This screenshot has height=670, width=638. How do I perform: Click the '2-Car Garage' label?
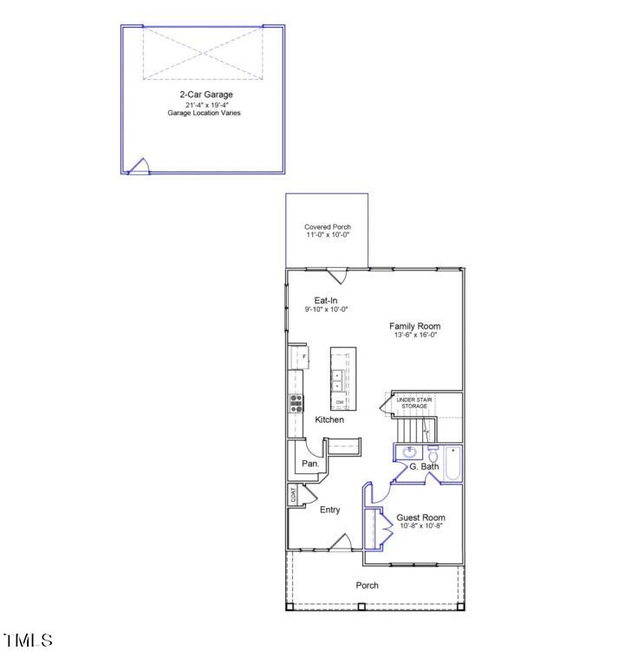(x=205, y=94)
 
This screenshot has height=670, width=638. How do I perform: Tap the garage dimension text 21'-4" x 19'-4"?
(x=205, y=104)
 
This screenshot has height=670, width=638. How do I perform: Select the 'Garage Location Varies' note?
(x=205, y=113)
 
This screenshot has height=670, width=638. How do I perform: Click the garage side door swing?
(x=141, y=166)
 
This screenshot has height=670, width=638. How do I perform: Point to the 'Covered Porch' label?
(x=328, y=226)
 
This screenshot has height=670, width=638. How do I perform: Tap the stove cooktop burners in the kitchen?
(x=296, y=402)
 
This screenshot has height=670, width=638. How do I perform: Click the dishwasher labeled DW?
(x=340, y=402)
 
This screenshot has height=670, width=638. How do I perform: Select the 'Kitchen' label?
(x=329, y=420)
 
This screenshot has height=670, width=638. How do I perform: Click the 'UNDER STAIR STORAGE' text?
(x=414, y=402)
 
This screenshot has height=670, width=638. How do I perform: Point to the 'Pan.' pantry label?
(x=310, y=464)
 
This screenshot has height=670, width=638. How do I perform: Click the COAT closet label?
(x=294, y=495)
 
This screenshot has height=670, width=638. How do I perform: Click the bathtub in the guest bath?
(x=452, y=463)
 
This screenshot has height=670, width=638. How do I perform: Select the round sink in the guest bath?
(x=410, y=452)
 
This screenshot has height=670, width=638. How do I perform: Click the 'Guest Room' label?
(x=420, y=517)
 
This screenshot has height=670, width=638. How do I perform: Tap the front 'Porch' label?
(x=368, y=585)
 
